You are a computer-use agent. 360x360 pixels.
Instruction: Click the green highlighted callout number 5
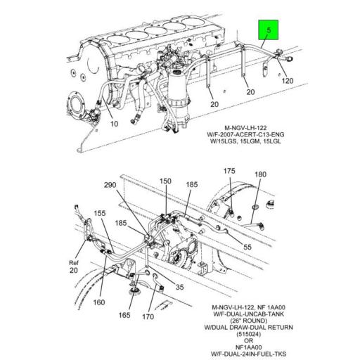[x=268, y=32]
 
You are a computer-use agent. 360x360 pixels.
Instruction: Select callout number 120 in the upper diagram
[x=289, y=82]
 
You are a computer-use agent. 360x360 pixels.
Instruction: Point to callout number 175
[x=229, y=171]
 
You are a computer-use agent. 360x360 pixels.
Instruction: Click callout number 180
[x=259, y=174]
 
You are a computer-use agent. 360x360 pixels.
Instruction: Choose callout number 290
[x=111, y=185]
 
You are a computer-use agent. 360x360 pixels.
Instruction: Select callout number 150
[x=165, y=181]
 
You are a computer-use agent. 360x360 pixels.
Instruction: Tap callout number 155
[x=101, y=214]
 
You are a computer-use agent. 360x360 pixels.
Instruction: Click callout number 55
[x=248, y=247]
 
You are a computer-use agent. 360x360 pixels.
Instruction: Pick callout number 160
[x=98, y=303]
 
